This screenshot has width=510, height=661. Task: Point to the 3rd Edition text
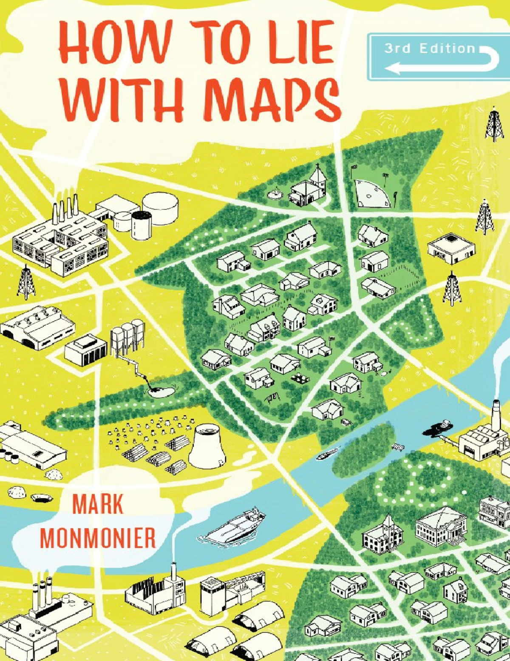point(429,49)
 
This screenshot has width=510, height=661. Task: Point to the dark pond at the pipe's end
point(158,390)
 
